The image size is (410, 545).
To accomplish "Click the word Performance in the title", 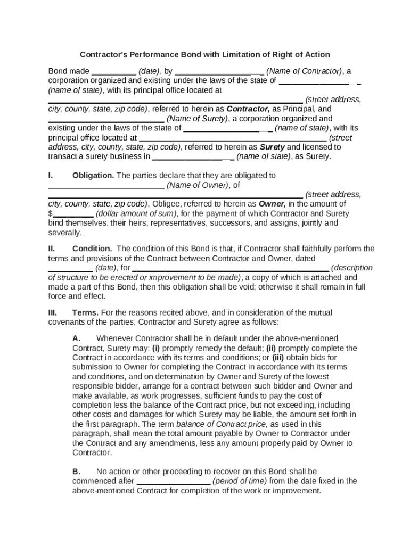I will click(153, 55).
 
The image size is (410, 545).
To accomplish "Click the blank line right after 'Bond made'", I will click(114, 71).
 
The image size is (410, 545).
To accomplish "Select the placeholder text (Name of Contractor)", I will click(304, 71).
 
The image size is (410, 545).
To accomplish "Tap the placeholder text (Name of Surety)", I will click(198, 119).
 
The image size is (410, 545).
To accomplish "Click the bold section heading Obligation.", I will click(93, 176).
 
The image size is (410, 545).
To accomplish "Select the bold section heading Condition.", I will click(92, 249).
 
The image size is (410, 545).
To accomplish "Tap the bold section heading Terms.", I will click(85, 313).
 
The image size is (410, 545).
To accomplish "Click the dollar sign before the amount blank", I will click(51, 214).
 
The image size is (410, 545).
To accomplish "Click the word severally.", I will click(65, 233).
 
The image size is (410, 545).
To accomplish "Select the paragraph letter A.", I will click(76, 338).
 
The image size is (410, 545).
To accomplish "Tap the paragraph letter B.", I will click(76, 472).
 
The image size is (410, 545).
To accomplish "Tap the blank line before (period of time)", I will click(174, 481).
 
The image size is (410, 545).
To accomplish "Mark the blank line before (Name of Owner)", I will click(106, 185).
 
